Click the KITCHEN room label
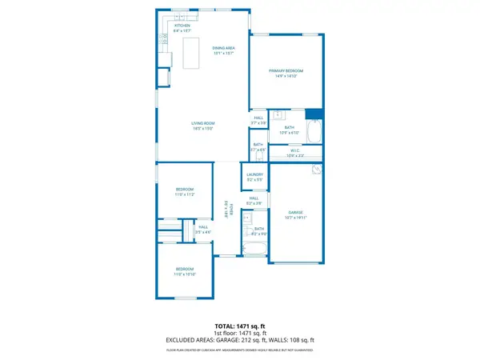click(182, 26)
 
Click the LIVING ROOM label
click(202, 123)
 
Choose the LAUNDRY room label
click(255, 174)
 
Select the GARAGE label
click(295, 212)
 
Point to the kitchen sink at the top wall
click(182, 16)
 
